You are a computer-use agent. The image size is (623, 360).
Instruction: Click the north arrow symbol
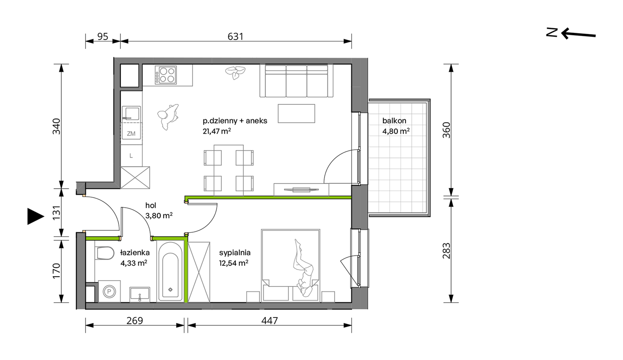tap(571, 33)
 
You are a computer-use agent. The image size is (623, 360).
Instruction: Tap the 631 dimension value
tap(235, 36)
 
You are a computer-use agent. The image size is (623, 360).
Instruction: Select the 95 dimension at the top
tap(103, 36)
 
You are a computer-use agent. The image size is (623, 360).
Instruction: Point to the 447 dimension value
tap(270, 320)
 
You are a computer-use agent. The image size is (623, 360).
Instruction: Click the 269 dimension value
tap(134, 320)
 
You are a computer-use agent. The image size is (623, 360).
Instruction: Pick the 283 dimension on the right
tap(446, 251)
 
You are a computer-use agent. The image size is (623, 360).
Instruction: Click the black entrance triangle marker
tap(35, 216)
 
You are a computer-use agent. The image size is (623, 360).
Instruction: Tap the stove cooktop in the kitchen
tap(166, 75)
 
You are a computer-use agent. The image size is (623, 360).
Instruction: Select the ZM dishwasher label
tap(131, 133)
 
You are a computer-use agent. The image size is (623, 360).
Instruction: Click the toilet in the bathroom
tap(105, 253)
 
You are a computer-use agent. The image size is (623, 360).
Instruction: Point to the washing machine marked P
tap(109, 291)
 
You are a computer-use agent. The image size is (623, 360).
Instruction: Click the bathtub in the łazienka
tap(170, 271)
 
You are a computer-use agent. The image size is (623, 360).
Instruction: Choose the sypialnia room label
tap(235, 253)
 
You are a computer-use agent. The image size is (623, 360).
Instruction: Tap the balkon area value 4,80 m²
tap(396, 131)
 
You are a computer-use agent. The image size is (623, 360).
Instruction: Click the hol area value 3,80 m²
tap(159, 216)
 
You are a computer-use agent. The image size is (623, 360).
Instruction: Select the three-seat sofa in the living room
tap(296, 81)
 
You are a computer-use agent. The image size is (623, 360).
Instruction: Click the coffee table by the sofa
tap(296, 113)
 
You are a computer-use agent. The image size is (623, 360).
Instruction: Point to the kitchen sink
tap(131, 113)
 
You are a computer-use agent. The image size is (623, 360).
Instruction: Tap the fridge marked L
tap(131, 156)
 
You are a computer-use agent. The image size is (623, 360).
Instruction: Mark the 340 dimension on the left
tap(56, 126)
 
